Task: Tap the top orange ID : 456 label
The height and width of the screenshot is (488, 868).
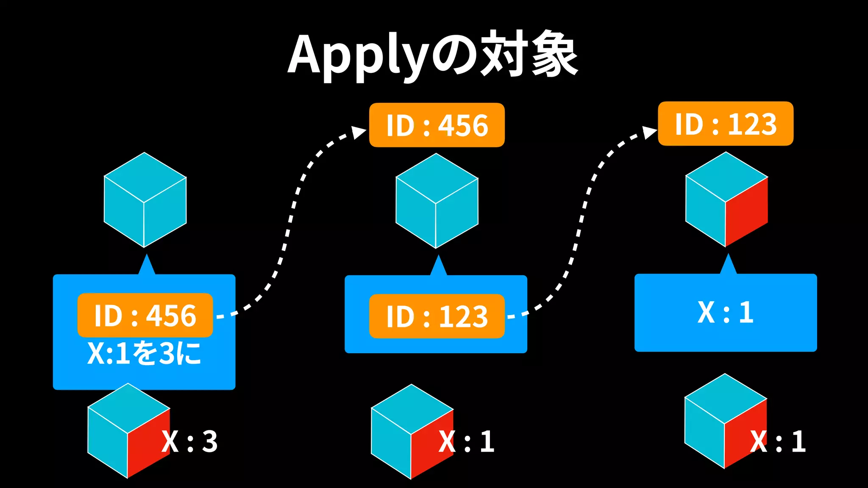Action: coord(437,125)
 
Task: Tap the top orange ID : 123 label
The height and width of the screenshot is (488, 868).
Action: coord(725,124)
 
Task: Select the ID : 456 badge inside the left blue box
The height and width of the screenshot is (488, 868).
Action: coord(145,315)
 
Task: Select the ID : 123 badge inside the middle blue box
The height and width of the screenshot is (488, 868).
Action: coord(437,316)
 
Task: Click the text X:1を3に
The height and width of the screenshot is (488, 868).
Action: coord(144,353)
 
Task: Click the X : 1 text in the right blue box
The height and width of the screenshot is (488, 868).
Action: coord(725,313)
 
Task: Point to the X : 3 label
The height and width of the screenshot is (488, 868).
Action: coord(190,441)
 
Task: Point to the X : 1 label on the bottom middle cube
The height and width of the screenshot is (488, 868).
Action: coord(467,441)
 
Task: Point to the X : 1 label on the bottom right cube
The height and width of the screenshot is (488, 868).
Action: coord(778,441)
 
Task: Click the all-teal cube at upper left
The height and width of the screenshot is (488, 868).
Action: coord(145,200)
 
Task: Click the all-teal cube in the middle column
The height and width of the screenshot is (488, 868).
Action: coord(437,201)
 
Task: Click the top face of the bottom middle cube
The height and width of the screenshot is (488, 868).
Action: coord(412,408)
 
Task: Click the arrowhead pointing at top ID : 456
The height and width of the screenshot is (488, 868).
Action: coord(359,133)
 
